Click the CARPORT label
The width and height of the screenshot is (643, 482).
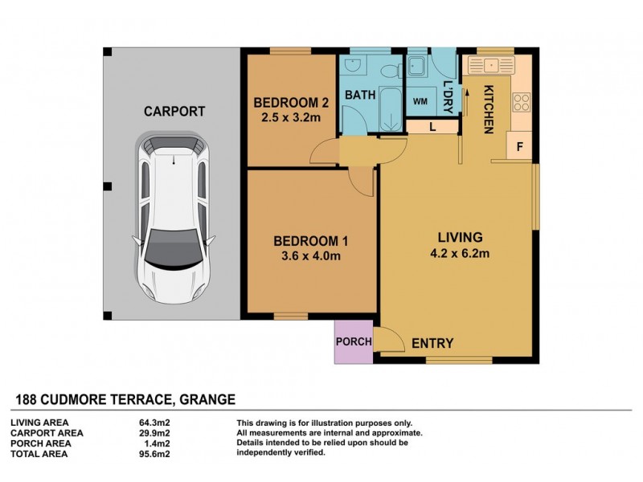point(174,112)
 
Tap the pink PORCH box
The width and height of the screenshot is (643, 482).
point(354,341)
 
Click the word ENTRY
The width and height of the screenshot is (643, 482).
point(432,343)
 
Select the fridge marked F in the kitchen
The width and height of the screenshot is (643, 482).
point(519,147)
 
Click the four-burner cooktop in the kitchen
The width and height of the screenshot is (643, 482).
point(521,102)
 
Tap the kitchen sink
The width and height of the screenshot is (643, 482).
point(489,65)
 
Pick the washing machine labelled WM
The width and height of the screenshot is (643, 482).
point(420,101)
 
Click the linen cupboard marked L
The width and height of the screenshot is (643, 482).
point(432,126)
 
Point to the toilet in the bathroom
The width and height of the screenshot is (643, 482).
point(389,69)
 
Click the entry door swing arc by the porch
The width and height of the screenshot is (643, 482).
point(391,341)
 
